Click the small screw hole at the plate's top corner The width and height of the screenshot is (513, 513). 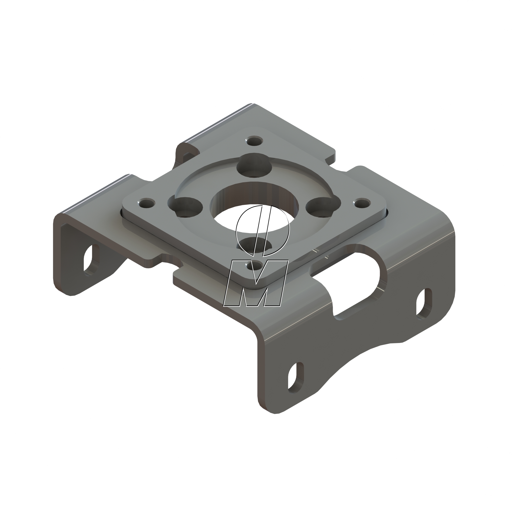254,141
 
